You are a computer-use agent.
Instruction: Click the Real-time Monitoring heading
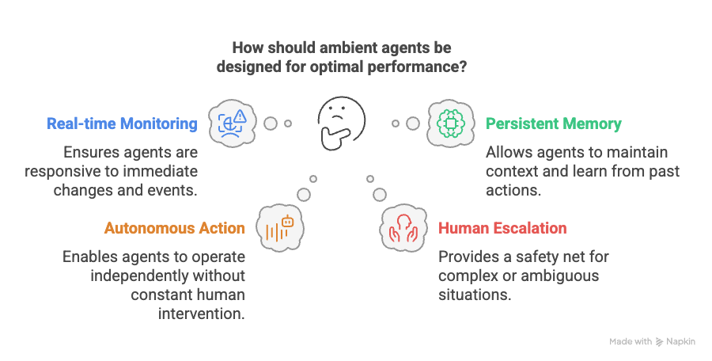(122, 123)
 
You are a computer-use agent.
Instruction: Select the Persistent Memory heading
(554, 123)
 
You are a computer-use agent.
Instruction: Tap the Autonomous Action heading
(175, 228)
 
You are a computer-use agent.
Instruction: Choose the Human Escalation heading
(502, 228)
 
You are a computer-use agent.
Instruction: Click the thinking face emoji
(341, 123)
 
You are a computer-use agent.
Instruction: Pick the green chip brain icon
(450, 123)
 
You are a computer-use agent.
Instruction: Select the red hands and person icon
(403, 228)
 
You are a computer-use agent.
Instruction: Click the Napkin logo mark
(659, 342)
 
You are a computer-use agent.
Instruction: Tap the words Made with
(631, 341)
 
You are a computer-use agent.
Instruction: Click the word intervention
(201, 313)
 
